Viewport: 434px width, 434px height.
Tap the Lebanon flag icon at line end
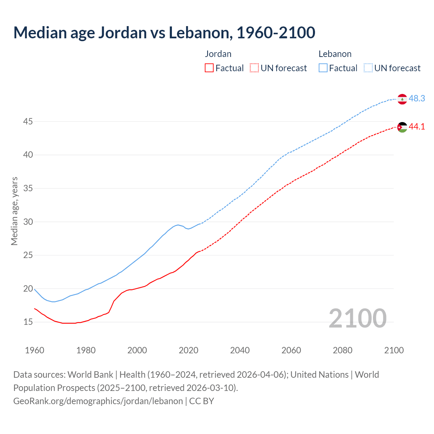click(402, 99)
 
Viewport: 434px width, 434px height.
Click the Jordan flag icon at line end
click(402, 127)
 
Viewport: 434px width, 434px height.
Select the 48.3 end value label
click(417, 99)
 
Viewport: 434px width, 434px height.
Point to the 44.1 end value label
click(417, 127)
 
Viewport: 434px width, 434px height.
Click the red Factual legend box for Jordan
click(209, 68)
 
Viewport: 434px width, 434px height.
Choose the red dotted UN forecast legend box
click(254, 68)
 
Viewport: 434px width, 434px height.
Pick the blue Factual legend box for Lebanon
click(323, 68)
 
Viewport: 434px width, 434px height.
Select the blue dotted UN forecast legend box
click(368, 68)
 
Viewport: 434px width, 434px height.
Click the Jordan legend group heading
click(218, 54)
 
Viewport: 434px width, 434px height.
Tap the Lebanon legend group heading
click(335, 54)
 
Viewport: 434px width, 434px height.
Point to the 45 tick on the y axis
click(28, 121)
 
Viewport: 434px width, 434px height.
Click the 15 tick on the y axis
click(28, 322)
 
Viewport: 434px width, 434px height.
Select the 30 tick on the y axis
click(28, 222)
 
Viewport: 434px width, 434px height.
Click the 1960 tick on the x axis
click(35, 350)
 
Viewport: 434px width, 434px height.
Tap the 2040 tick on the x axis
click(240, 350)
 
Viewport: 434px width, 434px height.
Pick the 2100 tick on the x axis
click(394, 350)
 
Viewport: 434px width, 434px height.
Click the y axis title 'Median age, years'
click(14, 211)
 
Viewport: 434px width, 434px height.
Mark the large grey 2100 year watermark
click(357, 318)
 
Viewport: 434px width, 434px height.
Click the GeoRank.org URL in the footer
click(98, 401)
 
